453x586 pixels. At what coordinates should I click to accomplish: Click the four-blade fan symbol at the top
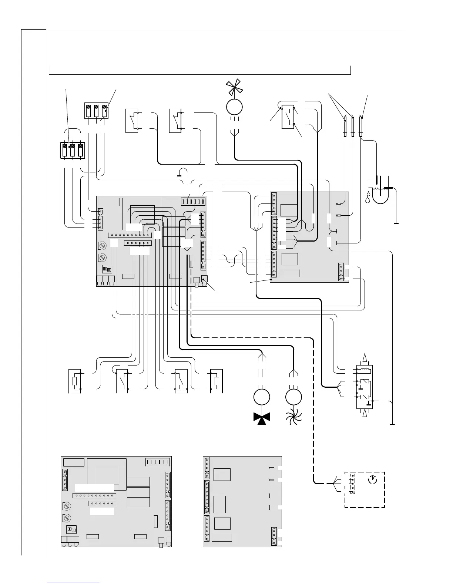tap(234, 88)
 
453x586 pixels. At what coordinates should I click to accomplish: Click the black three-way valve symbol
tap(262, 417)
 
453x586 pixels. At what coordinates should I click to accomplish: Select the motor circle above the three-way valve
tap(262, 397)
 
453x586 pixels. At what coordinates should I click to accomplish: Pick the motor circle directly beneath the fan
tap(234, 107)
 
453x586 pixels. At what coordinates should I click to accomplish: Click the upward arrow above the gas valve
tap(365, 357)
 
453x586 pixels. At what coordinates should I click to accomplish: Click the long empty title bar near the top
tap(200, 70)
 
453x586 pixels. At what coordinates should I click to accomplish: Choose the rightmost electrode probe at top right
tap(361, 127)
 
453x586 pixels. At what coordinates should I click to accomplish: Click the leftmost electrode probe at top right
tap(345, 127)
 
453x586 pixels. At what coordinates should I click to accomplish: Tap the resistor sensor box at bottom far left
tap(74, 381)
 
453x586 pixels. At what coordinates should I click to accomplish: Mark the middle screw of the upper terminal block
tap(96, 110)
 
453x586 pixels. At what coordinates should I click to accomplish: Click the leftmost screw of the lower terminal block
tap(65, 150)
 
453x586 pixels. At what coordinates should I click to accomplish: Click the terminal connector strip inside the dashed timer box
tap(353, 484)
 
